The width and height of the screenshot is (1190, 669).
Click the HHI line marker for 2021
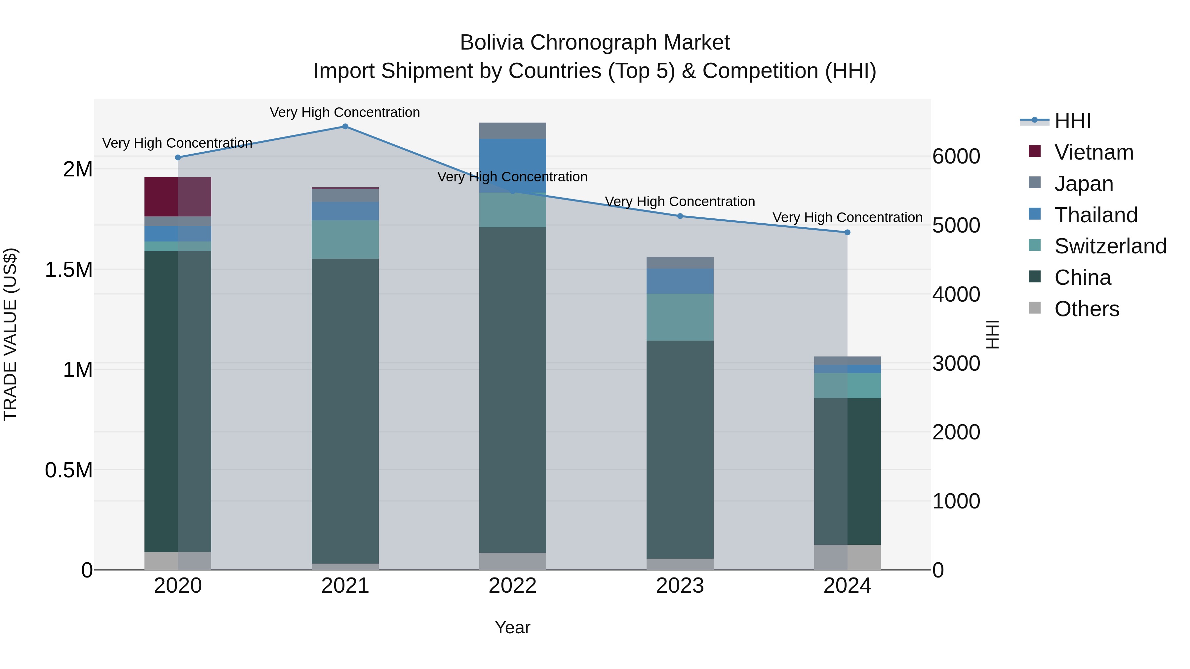pyautogui.click(x=345, y=127)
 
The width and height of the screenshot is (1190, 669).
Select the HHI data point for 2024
pyautogui.click(x=847, y=232)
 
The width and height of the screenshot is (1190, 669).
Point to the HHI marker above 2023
pyautogui.click(x=680, y=216)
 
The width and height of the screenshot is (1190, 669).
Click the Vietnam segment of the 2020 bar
pyautogui.click(x=178, y=197)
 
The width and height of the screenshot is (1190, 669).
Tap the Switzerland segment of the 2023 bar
pyautogui.click(x=680, y=317)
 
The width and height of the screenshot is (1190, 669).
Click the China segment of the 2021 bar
pyautogui.click(x=345, y=411)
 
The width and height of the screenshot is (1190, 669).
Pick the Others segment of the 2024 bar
pyautogui.click(x=847, y=557)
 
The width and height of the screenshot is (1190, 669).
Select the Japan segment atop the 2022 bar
pyautogui.click(x=512, y=130)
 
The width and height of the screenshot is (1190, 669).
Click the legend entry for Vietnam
pyautogui.click(x=1093, y=152)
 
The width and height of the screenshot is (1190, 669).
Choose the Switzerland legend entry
pyautogui.click(x=1110, y=246)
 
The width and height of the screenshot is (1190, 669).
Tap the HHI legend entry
pyautogui.click(x=1072, y=121)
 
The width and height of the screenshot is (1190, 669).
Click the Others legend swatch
pyautogui.click(x=1035, y=308)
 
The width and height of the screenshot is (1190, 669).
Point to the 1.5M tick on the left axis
pyautogui.click(x=69, y=270)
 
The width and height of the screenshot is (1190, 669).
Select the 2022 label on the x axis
pyautogui.click(x=512, y=586)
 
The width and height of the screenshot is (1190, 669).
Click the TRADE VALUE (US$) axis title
pyautogui.click(x=10, y=334)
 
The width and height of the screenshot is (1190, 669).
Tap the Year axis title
pyautogui.click(x=512, y=627)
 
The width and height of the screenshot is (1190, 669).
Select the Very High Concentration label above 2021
pyautogui.click(x=345, y=112)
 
